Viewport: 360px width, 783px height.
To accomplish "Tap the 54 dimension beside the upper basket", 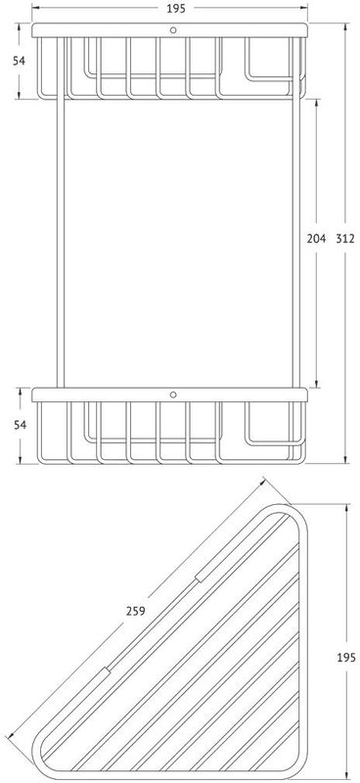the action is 19,61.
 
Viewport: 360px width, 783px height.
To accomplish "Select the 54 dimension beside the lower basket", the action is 19,425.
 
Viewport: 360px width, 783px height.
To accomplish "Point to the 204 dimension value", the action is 316,238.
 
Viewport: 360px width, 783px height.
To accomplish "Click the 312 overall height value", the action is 345,238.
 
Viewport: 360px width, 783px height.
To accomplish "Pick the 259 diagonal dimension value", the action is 136,610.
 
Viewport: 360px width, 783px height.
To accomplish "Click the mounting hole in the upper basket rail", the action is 173,30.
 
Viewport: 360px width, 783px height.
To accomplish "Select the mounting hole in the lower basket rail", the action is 173,394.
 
